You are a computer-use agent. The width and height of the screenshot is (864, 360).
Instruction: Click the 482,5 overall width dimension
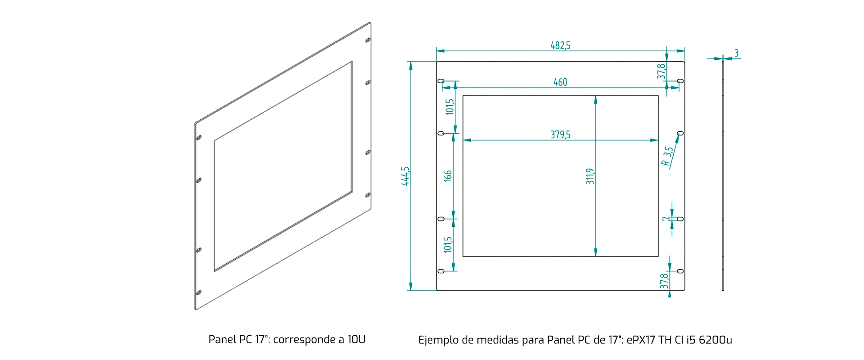(560, 45)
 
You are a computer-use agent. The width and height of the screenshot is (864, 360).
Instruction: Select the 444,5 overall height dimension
(405, 176)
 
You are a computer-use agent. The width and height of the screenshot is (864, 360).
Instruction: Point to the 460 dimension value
(560, 82)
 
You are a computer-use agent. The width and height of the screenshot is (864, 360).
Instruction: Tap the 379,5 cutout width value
(560, 135)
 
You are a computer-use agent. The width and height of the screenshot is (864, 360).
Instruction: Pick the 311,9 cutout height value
(590, 176)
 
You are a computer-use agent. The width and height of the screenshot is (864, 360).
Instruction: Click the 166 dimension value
(448, 175)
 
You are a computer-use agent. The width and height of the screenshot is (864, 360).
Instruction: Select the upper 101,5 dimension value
(450, 107)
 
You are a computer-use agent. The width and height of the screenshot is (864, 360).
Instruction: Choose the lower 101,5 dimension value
(448, 245)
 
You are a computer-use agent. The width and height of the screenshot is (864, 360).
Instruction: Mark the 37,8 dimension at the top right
(661, 72)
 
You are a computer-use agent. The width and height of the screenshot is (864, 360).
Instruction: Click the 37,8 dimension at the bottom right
(664, 281)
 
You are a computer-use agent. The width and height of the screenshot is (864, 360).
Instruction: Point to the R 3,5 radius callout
(668, 156)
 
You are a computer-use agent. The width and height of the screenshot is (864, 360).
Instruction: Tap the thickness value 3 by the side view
(736, 53)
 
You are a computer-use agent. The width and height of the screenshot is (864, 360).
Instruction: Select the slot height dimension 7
(665, 219)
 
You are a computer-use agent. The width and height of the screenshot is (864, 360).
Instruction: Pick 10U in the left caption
(356, 339)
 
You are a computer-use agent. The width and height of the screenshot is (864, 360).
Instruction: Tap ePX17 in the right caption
(641, 340)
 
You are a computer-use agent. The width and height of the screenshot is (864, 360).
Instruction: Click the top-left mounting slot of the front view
(441, 81)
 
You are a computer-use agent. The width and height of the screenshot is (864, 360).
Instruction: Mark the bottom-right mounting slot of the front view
(680, 271)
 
